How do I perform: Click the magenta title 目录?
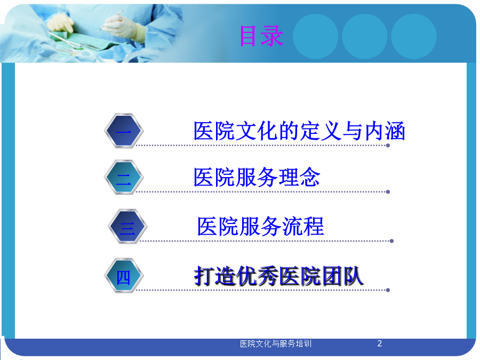point(261,36)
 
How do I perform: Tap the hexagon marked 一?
point(124,131)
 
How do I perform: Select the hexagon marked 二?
point(124,177)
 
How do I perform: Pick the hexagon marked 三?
point(127,226)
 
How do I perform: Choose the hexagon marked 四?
point(124,276)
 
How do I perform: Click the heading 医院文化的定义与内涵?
point(299,131)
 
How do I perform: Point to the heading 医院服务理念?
point(257,177)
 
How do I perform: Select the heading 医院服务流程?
point(260,227)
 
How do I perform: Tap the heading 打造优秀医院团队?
point(278,276)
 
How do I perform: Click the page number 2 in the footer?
point(380,343)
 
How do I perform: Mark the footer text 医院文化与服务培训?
point(276,344)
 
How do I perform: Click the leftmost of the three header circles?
point(316,36)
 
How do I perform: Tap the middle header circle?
point(365,36)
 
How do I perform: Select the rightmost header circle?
point(414,36)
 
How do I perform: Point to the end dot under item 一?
point(388,146)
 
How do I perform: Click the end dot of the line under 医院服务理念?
point(388,192)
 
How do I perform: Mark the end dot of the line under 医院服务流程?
point(391,241)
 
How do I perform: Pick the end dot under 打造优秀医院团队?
point(388,290)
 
